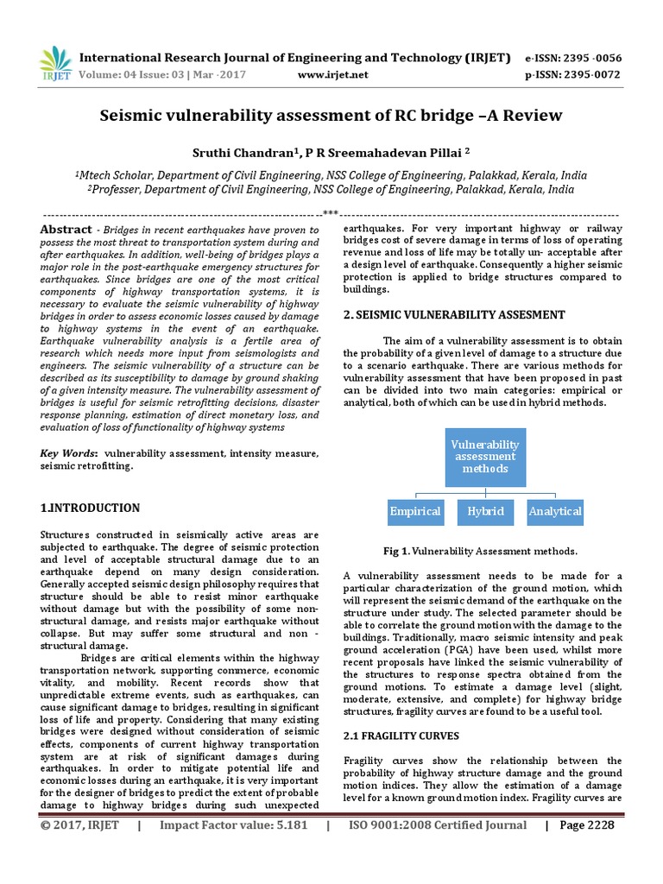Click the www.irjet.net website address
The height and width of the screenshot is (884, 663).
coord(332,75)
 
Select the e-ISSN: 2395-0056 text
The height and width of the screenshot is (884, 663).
coord(572,58)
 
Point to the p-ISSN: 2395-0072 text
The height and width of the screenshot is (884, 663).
coord(572,75)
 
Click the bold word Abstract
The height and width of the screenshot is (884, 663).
coord(66,230)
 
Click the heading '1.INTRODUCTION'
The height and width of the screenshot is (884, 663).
coord(90,508)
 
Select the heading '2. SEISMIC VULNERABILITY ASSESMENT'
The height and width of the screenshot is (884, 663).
coord(454,315)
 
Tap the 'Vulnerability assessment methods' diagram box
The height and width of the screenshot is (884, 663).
coord(486,456)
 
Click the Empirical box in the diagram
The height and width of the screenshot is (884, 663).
coord(415,511)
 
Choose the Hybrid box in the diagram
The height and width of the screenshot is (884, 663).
coord(486,511)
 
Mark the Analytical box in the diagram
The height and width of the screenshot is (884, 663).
coord(555,511)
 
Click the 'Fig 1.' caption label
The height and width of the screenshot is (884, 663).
coord(397,551)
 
